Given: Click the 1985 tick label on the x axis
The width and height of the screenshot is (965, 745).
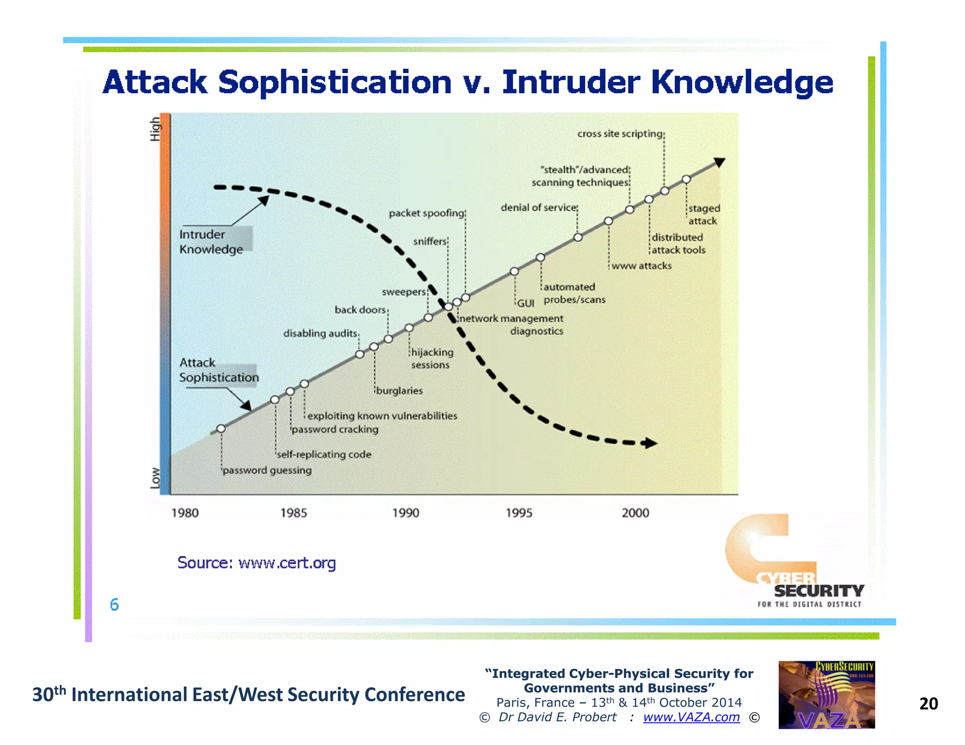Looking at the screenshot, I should [294, 513].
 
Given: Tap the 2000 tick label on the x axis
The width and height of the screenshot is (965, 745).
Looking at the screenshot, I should [635, 513].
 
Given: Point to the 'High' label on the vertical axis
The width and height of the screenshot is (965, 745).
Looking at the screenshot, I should [155, 129].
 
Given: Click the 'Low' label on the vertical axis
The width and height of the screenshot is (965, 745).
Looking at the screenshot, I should [155, 478].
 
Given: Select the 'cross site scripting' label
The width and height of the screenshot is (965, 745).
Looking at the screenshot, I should [620, 134].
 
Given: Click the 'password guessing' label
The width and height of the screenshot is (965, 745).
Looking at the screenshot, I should [267, 470].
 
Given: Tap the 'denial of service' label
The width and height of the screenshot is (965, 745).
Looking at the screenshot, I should [539, 208].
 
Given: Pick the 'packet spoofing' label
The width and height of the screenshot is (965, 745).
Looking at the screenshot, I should [426, 213].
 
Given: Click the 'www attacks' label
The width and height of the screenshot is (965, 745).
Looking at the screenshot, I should [641, 266].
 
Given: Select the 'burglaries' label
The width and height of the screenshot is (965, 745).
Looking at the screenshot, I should [399, 391].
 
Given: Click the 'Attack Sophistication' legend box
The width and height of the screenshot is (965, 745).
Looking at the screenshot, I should [219, 370].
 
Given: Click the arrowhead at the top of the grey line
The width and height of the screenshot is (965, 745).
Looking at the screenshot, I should [719, 162].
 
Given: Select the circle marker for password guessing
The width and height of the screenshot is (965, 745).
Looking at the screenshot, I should [221, 429].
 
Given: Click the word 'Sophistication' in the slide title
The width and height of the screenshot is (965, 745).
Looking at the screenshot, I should [335, 82].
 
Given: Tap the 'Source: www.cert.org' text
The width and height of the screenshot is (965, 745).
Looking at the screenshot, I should [256, 563].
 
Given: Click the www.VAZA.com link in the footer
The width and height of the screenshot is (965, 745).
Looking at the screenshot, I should [691, 717].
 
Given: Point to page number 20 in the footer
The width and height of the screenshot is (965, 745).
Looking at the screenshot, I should [928, 704].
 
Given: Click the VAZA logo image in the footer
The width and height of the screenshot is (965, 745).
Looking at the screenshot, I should [826, 695].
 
